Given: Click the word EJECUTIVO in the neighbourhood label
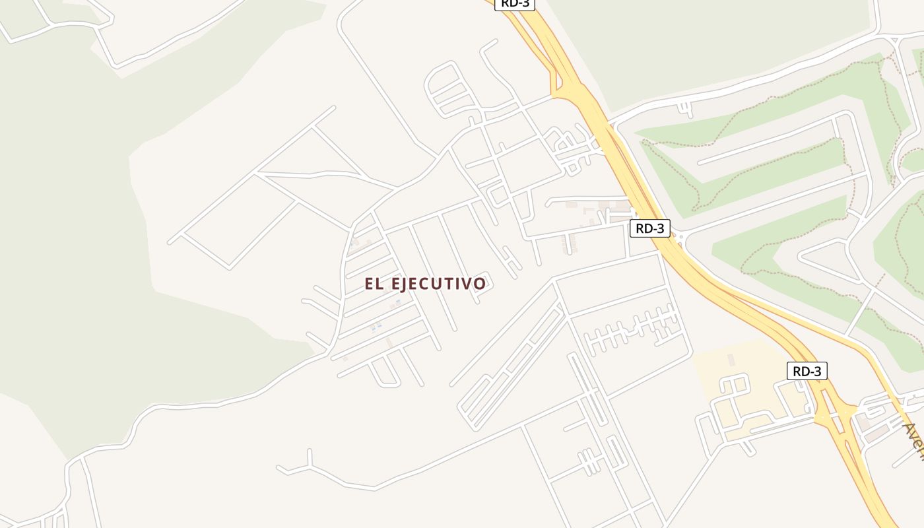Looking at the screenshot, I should (x=439, y=284).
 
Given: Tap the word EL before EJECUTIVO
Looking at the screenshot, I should (x=374, y=284).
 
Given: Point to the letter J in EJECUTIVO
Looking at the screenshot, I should (x=409, y=284).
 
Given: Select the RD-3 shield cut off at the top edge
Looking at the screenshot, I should (x=515, y=4).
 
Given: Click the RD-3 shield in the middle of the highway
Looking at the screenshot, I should (x=650, y=228).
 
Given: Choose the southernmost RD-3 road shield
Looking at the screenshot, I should (x=807, y=371).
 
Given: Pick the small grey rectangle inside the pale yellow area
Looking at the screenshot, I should (x=731, y=360).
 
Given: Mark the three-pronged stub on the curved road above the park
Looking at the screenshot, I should (x=686, y=109).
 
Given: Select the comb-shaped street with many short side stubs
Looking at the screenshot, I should (x=630, y=330).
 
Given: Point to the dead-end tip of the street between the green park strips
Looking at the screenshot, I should (x=700, y=161).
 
